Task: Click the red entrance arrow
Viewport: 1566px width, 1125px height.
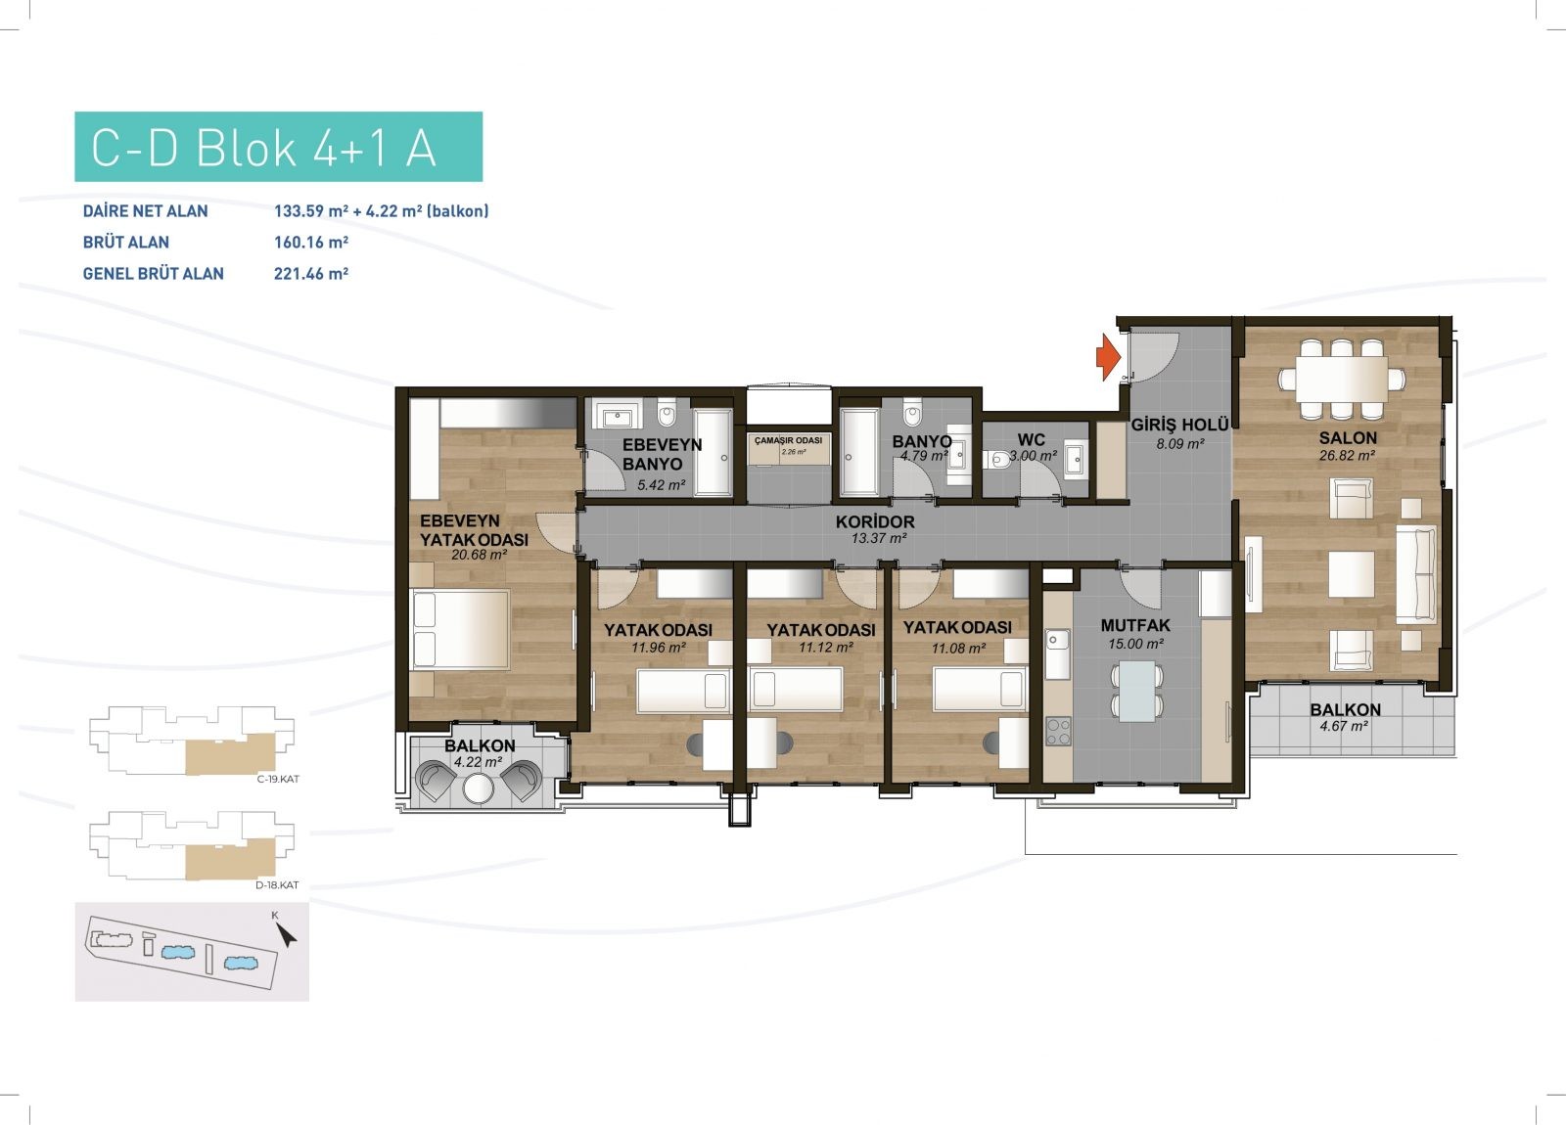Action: tap(1108, 357)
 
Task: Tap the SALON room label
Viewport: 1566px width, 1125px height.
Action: tap(1347, 438)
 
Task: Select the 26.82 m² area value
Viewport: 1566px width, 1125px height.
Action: tap(1347, 456)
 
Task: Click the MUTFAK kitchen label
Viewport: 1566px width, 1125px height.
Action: tap(1135, 625)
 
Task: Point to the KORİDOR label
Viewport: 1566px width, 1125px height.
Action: tap(875, 522)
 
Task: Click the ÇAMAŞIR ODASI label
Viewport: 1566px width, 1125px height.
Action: tap(789, 441)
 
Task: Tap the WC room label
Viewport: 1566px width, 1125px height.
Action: tap(1032, 439)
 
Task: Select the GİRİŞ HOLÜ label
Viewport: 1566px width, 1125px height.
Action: tap(1180, 425)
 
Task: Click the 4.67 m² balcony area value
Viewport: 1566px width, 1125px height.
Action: tap(1344, 727)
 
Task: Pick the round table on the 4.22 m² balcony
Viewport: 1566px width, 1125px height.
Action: tap(479, 788)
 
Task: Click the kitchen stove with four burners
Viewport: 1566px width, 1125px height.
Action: tap(1058, 732)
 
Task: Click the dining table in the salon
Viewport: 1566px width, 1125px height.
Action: tap(1341, 379)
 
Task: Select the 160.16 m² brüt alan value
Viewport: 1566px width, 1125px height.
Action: tap(311, 243)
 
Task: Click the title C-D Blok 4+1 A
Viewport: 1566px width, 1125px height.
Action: tap(263, 148)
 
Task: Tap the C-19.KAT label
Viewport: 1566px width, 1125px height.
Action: tap(278, 779)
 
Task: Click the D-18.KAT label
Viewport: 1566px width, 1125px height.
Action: tap(277, 885)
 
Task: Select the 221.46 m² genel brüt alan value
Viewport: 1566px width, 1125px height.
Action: tap(311, 274)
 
